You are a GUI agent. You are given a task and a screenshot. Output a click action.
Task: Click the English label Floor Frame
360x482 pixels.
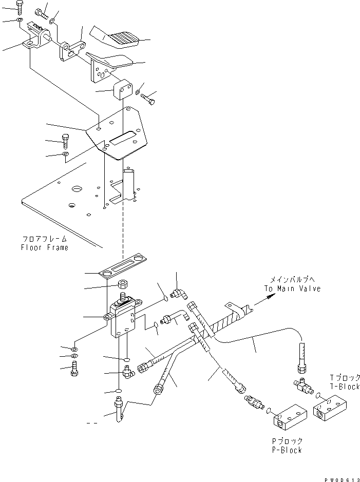pyautogui.click(x=44, y=247)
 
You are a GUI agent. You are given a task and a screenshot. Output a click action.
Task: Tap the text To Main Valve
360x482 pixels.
pyautogui.click(x=292, y=288)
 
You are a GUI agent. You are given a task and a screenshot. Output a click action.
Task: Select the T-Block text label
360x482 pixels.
pyautogui.click(x=345, y=387)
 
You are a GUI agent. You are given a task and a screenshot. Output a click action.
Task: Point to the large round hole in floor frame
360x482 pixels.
pyautogui.click(x=77, y=189)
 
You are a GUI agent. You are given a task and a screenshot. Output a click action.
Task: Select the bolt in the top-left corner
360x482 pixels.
pyautogui.click(x=19, y=7)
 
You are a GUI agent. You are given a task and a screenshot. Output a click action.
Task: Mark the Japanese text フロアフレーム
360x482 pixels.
pyautogui.click(x=45, y=239)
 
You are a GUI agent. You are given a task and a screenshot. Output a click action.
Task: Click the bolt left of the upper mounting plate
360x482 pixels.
pyautogui.click(x=65, y=141)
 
